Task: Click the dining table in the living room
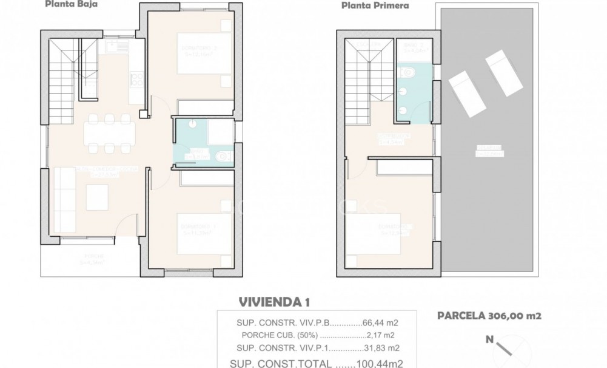pyautogui.click(x=110, y=133)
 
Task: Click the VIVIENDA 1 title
pyautogui.click(x=271, y=302)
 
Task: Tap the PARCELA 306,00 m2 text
pyautogui.click(x=489, y=315)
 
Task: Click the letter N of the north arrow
pyautogui.click(x=489, y=340)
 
